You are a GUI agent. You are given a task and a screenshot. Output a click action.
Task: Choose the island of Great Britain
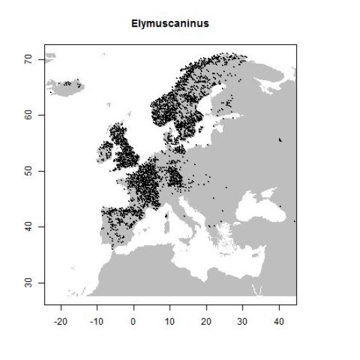pyautogui.click(x=124, y=153)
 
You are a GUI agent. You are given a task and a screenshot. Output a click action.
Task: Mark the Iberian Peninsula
pyautogui.click(x=115, y=224)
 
